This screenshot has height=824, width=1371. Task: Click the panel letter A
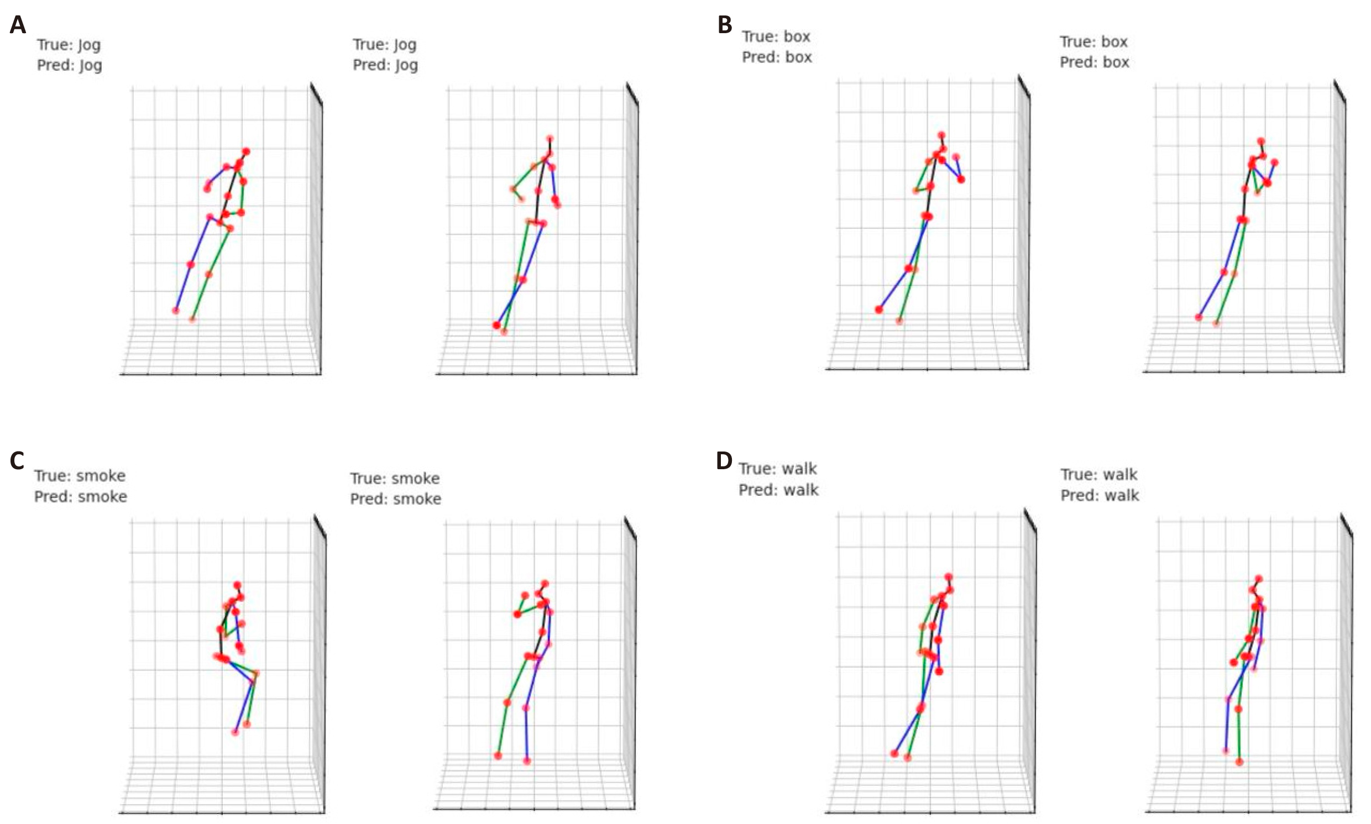[x=18, y=25]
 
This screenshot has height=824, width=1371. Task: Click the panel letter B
[x=725, y=25]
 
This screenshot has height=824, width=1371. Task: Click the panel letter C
[x=17, y=461]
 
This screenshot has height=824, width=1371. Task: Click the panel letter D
[x=724, y=461]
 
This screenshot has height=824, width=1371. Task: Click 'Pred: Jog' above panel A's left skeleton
[x=70, y=66]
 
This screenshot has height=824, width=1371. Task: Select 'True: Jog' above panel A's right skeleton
[x=384, y=44]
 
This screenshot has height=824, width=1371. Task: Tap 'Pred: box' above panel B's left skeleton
[x=777, y=57]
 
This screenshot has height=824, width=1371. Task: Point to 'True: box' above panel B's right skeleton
[x=1093, y=42]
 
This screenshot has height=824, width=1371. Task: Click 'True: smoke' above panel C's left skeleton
[x=80, y=476]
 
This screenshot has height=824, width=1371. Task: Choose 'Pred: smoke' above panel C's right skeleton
[x=395, y=499]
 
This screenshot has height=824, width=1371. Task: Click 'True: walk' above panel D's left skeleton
[x=777, y=469]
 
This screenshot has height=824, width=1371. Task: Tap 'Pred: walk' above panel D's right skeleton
[x=1100, y=495]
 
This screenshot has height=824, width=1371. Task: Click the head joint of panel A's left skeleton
[x=246, y=151]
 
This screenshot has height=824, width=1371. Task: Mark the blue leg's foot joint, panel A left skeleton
[x=176, y=311]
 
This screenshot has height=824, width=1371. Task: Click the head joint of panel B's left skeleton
[x=941, y=135]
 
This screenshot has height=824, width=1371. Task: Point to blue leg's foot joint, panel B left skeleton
[x=878, y=309]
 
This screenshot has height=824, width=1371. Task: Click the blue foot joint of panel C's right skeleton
[x=526, y=760]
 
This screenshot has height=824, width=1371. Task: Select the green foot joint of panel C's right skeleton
[x=498, y=755]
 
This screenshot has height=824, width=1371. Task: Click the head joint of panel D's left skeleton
[x=949, y=577]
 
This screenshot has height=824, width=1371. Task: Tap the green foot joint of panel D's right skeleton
[x=1239, y=762]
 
